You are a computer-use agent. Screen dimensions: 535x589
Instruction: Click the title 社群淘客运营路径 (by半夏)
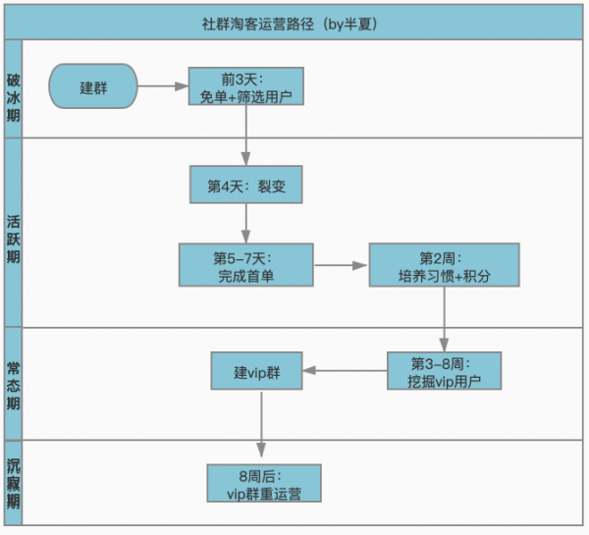294,21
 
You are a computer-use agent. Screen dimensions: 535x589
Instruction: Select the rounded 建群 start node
94,87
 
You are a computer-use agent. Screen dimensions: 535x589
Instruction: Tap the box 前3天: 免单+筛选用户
246,87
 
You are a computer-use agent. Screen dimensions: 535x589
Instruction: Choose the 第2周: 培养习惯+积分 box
443,266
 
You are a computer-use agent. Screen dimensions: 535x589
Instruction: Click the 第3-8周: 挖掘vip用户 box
444,370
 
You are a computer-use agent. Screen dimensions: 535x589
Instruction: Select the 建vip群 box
256,372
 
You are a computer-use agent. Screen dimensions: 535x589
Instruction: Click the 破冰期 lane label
13,89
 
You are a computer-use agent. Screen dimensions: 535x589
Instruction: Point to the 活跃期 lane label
13,233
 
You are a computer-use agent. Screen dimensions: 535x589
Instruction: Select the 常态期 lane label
13,384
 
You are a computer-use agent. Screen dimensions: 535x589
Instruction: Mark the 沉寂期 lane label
13,481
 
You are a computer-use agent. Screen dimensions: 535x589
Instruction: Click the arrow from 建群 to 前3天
164,87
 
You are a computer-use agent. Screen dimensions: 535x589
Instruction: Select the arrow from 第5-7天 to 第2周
341,265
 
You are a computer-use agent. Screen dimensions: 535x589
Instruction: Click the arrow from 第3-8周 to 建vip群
345,371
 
